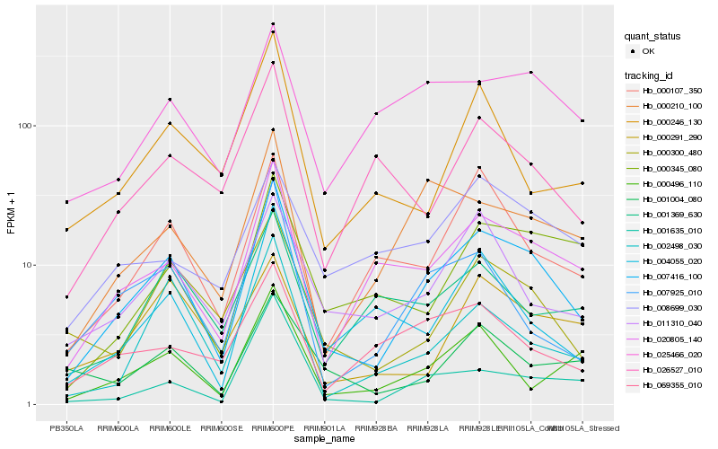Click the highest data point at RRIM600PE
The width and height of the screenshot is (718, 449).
[x=273, y=24]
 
